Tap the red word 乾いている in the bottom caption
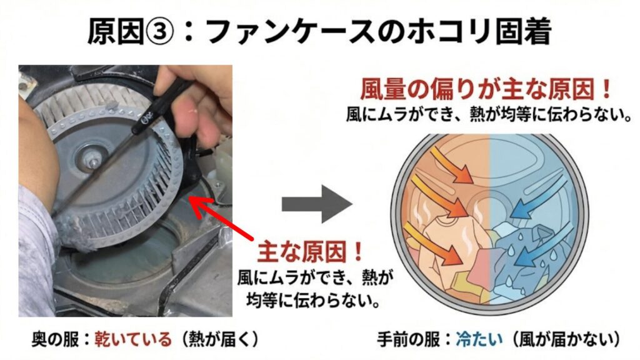tap(132, 339)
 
